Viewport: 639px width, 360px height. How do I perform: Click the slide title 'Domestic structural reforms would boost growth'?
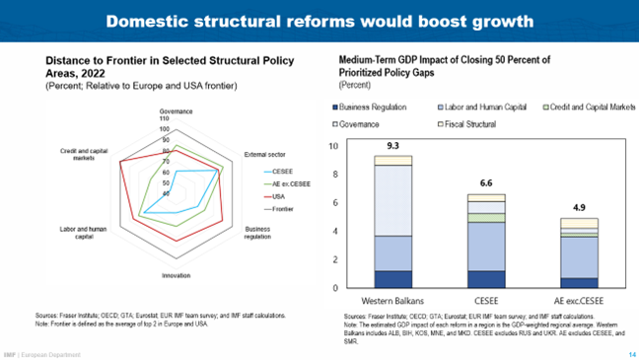pyautogui.click(x=319, y=21)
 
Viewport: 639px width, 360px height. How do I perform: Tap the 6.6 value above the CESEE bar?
pyautogui.click(x=485, y=182)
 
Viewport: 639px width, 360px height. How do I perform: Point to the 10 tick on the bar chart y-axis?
pyautogui.click(x=331, y=147)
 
